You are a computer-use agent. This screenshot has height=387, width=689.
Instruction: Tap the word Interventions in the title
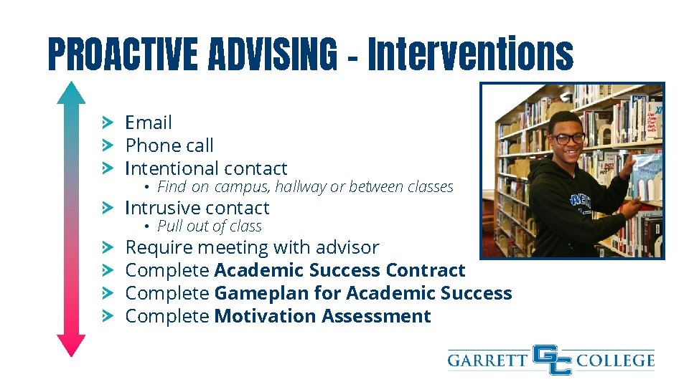(x=471, y=54)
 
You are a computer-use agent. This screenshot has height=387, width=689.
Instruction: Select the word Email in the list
(x=149, y=123)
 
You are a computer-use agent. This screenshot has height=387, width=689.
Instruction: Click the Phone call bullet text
(x=169, y=145)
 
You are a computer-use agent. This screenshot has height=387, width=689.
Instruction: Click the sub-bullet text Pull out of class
(x=210, y=226)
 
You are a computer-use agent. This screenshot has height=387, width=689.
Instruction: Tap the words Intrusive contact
(x=197, y=208)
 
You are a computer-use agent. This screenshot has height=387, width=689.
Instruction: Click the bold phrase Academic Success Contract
(x=339, y=270)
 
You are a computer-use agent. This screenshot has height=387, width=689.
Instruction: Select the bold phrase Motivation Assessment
(x=322, y=316)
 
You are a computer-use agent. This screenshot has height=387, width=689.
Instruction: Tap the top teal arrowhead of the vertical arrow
(x=71, y=92)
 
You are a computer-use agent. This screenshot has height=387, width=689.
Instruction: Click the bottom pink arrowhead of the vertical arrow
(x=71, y=346)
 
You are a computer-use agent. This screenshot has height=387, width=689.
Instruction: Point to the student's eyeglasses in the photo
(x=568, y=137)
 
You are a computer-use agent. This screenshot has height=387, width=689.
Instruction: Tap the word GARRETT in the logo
(x=488, y=360)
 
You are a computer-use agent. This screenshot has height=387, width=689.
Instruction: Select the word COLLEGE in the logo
(x=615, y=360)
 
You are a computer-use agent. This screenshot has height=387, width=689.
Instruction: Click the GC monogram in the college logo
(x=552, y=360)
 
